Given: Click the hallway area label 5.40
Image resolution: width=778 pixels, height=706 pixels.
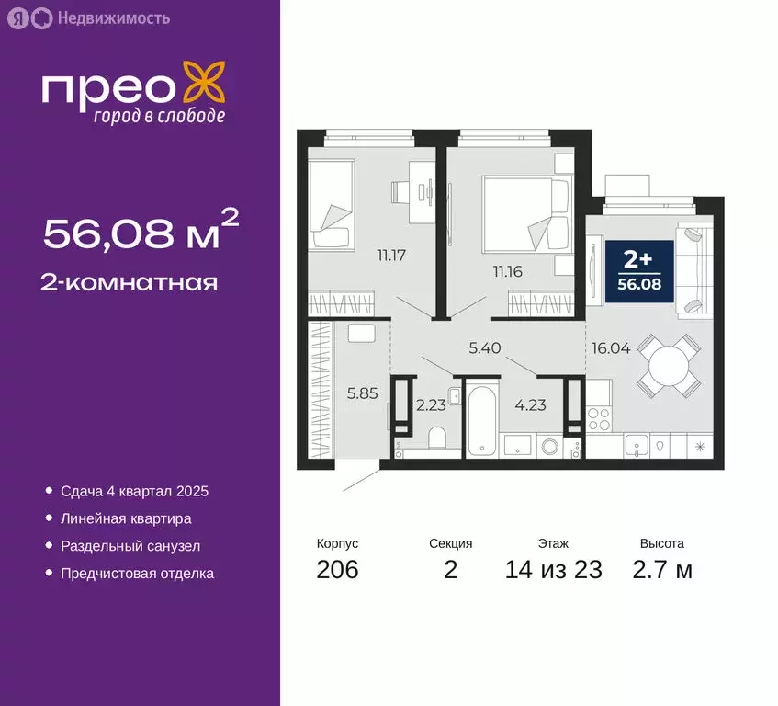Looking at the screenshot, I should (486, 348).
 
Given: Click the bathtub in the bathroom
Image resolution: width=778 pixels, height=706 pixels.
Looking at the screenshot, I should (482, 420).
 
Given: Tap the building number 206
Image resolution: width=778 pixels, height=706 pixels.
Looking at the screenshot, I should (337, 570).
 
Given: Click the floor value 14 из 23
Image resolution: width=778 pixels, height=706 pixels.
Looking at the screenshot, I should (553, 570).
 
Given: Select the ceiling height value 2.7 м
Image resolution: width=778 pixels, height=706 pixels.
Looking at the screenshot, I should (661, 570).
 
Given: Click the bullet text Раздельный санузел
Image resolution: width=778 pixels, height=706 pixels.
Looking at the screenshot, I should (130, 546).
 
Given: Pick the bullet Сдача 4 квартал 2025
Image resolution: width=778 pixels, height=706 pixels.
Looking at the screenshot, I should (135, 492).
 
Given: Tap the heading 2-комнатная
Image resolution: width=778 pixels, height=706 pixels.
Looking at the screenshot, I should (130, 282).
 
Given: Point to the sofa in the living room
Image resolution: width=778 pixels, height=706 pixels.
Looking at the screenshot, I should (694, 268).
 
